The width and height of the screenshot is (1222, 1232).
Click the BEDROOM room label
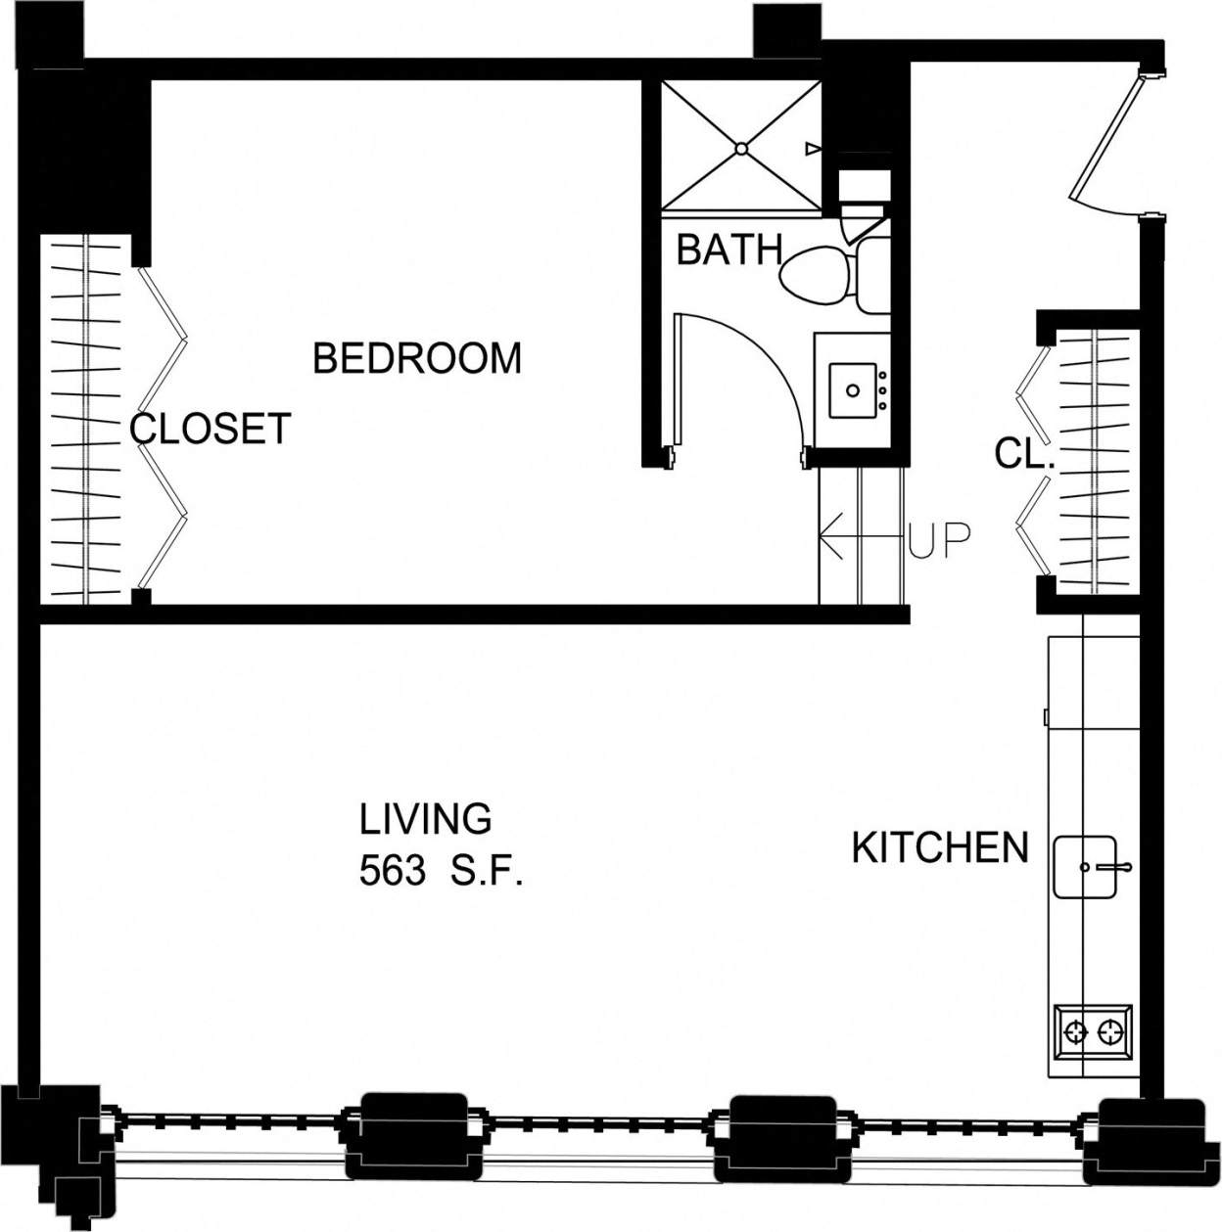click(x=417, y=358)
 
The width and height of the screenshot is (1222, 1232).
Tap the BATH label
click(x=728, y=251)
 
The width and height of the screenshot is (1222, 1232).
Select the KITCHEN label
click(x=940, y=847)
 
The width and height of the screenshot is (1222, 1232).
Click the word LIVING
click(x=425, y=819)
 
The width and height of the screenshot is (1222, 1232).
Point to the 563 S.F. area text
click(x=441, y=871)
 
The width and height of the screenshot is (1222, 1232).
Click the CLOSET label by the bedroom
click(x=211, y=429)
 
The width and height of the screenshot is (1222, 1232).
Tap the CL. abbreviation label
click(x=1024, y=454)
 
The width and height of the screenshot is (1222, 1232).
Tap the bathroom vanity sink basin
click(x=853, y=390)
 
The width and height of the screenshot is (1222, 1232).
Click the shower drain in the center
click(x=741, y=149)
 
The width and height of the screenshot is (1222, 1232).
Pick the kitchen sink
click(x=1084, y=867)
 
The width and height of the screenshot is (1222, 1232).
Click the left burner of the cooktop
click(x=1076, y=1031)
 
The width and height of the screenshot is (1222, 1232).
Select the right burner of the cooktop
click(x=1110, y=1031)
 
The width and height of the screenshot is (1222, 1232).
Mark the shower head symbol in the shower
click(x=812, y=149)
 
